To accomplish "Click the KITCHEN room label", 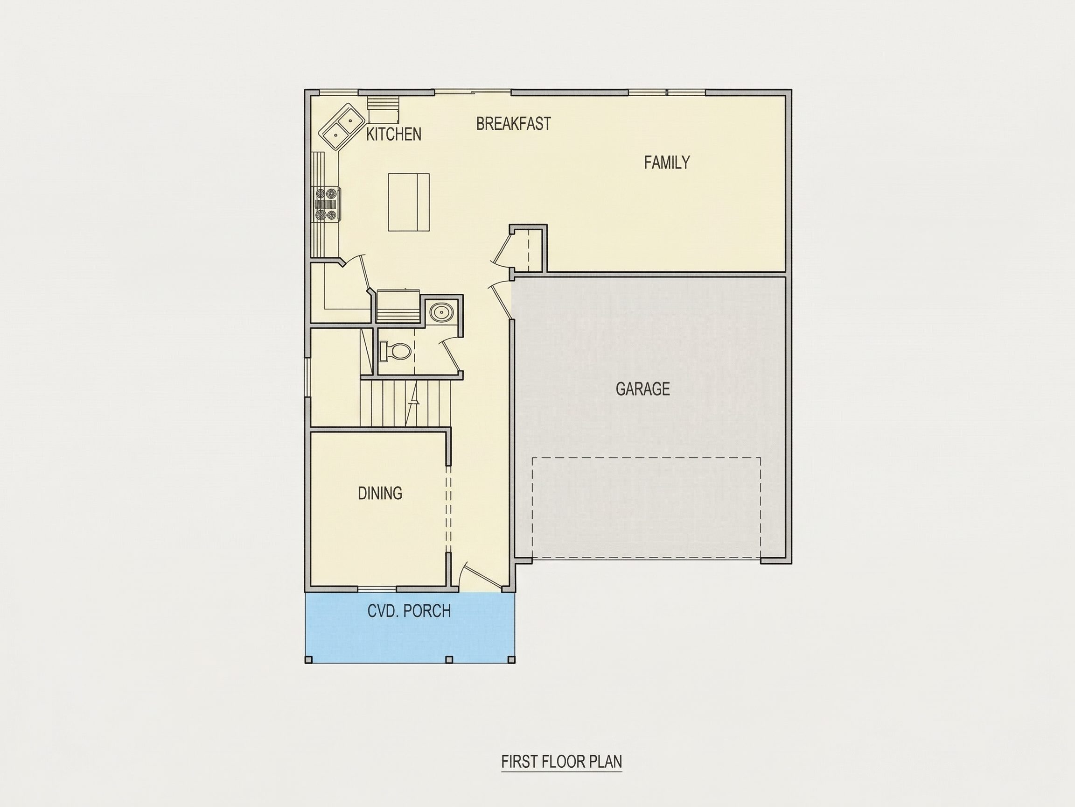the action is pyautogui.click(x=394, y=134).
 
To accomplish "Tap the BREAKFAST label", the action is pyautogui.click(x=514, y=124).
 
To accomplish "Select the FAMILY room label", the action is pyautogui.click(x=667, y=163).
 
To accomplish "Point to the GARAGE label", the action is pyautogui.click(x=642, y=389).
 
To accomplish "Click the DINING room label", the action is pyautogui.click(x=380, y=493).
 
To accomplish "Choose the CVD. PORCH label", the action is pyautogui.click(x=409, y=610).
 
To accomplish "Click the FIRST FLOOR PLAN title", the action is pyautogui.click(x=562, y=761).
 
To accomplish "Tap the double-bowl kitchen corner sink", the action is pyautogui.click(x=342, y=127).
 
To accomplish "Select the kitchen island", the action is pyautogui.click(x=409, y=202).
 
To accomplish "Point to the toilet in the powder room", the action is pyautogui.click(x=395, y=351).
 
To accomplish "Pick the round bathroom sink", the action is pyautogui.click(x=442, y=311).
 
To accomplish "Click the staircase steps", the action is pyautogui.click(x=406, y=403).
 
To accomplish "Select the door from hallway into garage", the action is pyautogui.click(x=501, y=301).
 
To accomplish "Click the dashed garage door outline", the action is pyautogui.click(x=646, y=508).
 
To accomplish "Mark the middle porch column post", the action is pyautogui.click(x=449, y=659).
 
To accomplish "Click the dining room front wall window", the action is pyautogui.click(x=377, y=589).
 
